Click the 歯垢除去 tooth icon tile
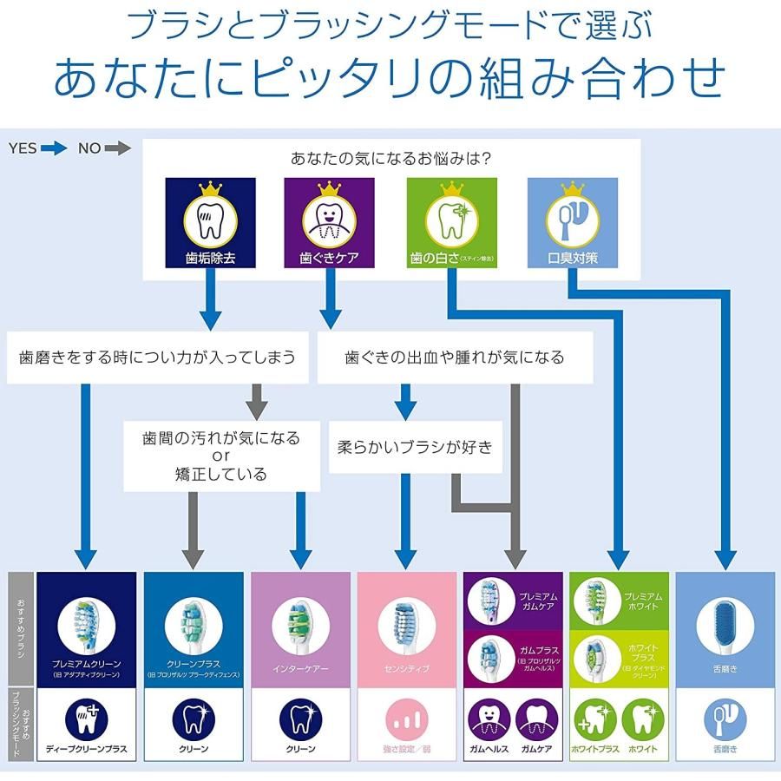[210, 222]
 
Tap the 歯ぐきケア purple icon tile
[329, 222]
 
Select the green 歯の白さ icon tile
[452, 222]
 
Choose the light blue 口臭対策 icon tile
[573, 222]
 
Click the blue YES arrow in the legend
[54, 148]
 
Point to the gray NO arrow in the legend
[117, 148]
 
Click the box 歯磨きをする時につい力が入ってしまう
[157, 357]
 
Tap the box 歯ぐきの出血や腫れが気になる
[454, 357]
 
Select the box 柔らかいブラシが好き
[415, 448]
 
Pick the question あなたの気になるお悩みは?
[390, 159]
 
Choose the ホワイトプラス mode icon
[595, 719]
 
